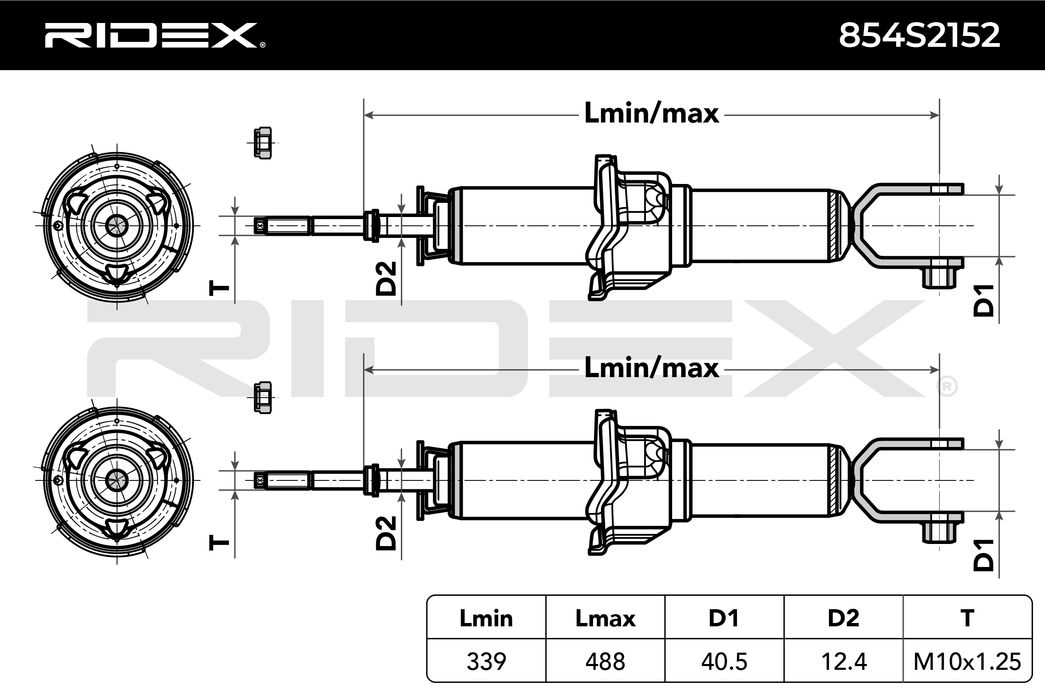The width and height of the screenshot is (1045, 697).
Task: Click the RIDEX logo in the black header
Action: [154, 36]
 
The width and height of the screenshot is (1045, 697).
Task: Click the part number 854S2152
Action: [919, 36]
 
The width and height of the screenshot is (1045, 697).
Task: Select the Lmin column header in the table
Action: [486, 618]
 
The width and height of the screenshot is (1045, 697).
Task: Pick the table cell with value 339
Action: [486, 661]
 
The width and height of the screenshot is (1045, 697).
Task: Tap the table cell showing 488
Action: [605, 661]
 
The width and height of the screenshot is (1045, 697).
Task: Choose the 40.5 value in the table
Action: [724, 661]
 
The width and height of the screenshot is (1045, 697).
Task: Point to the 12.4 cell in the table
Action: [843, 661]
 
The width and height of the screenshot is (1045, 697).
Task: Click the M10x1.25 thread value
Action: [967, 661]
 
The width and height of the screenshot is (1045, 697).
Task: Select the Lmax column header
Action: [605, 618]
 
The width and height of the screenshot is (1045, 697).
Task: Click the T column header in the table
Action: [967, 618]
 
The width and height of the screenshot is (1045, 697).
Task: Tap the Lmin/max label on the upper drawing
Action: [651, 113]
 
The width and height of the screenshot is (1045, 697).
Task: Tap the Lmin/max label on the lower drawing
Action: [651, 368]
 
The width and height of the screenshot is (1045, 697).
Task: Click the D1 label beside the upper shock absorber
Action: [983, 301]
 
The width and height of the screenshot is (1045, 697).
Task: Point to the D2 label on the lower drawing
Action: [386, 533]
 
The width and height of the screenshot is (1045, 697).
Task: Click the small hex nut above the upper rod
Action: [263, 143]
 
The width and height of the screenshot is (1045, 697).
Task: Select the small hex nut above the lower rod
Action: [263, 398]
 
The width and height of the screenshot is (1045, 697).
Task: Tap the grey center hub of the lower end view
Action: [117, 480]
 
